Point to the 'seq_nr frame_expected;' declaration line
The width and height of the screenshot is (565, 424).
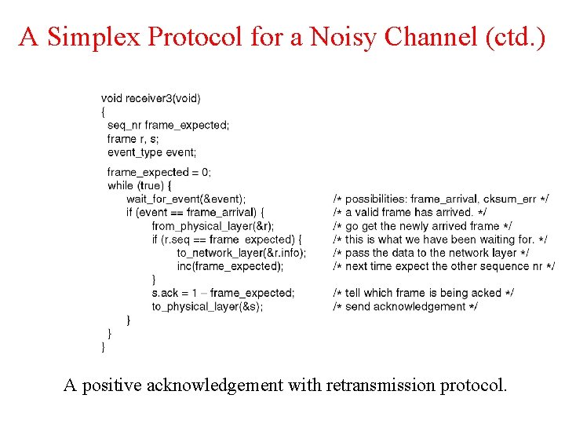coord(168,126)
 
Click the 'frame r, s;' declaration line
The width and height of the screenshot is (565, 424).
coord(133,139)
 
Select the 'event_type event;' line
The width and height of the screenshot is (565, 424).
coord(152,152)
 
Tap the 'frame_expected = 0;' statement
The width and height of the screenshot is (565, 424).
coord(159,172)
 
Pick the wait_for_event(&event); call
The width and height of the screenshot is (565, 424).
coord(186,199)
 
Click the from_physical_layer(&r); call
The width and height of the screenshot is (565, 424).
coord(213,225)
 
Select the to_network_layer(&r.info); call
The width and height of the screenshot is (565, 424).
coord(241,253)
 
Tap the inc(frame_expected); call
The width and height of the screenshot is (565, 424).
coord(230,266)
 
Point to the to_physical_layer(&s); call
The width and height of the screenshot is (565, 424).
coord(207,306)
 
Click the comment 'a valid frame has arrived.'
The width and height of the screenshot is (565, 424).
coord(409,212)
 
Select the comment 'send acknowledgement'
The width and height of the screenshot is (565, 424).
coord(406,306)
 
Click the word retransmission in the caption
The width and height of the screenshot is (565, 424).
coord(371,386)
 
